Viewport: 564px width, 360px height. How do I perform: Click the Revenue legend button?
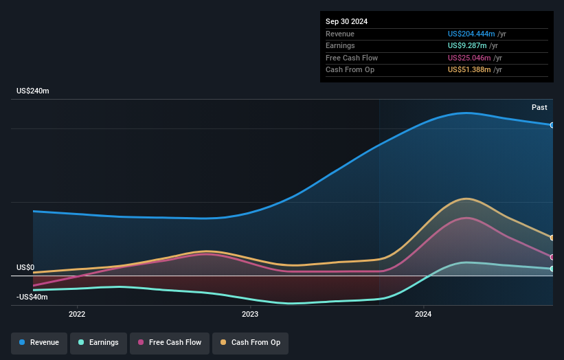(x=39, y=342)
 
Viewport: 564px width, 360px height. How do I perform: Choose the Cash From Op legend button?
(x=251, y=342)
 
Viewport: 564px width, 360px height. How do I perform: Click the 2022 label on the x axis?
(x=77, y=315)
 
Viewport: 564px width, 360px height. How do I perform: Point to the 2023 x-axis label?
(x=250, y=315)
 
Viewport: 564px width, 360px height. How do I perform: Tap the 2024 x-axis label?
(x=423, y=315)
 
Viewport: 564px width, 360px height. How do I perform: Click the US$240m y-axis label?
(x=33, y=91)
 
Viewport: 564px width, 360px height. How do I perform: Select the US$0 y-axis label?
(x=25, y=267)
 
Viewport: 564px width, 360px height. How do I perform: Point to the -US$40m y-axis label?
(x=32, y=297)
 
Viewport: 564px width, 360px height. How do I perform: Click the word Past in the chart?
(x=539, y=107)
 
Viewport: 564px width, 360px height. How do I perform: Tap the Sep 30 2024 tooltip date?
(x=347, y=21)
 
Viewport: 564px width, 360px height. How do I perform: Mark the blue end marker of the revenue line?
(x=552, y=125)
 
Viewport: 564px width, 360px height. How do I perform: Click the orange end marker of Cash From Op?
(x=552, y=238)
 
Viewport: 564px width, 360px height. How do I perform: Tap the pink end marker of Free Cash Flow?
(x=552, y=257)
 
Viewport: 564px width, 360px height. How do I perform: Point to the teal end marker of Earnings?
(x=552, y=269)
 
